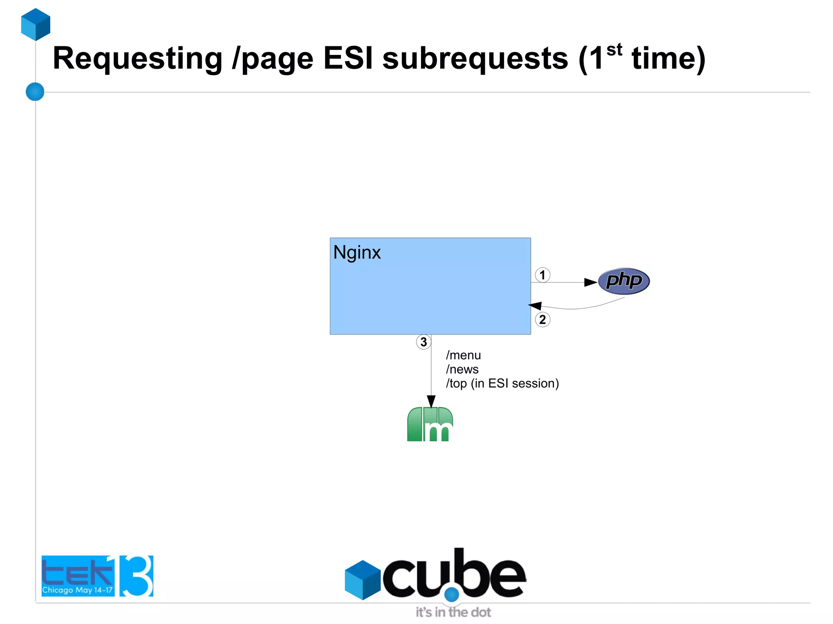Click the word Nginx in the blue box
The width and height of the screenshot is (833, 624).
pos(357,253)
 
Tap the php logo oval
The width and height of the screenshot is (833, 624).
pos(624,281)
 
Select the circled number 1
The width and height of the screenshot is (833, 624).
pos(542,275)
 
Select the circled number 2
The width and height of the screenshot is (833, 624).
pos(542,320)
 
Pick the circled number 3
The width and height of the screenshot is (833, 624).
pos(423,342)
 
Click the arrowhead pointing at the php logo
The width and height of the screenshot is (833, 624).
pos(591,282)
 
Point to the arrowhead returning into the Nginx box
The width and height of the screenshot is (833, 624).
pos(535,306)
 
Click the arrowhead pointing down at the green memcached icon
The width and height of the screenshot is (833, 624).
pos(431,401)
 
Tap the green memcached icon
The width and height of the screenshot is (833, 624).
pos(430,424)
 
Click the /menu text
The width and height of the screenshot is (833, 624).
pos(463,355)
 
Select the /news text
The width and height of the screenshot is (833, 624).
pos(462,370)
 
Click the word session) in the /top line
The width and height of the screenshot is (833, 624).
pos(535,383)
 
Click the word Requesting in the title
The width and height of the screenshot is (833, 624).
pos(137,59)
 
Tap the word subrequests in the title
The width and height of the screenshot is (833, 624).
pos(475,59)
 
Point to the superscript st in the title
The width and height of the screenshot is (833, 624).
pos(614,50)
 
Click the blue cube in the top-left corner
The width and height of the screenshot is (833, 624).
pos(36,24)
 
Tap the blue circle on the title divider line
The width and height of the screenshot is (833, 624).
pos(35,91)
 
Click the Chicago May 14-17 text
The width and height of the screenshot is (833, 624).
pos(77,590)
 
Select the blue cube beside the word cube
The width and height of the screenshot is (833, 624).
pos(362,580)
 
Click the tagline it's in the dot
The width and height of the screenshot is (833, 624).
pos(453,612)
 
